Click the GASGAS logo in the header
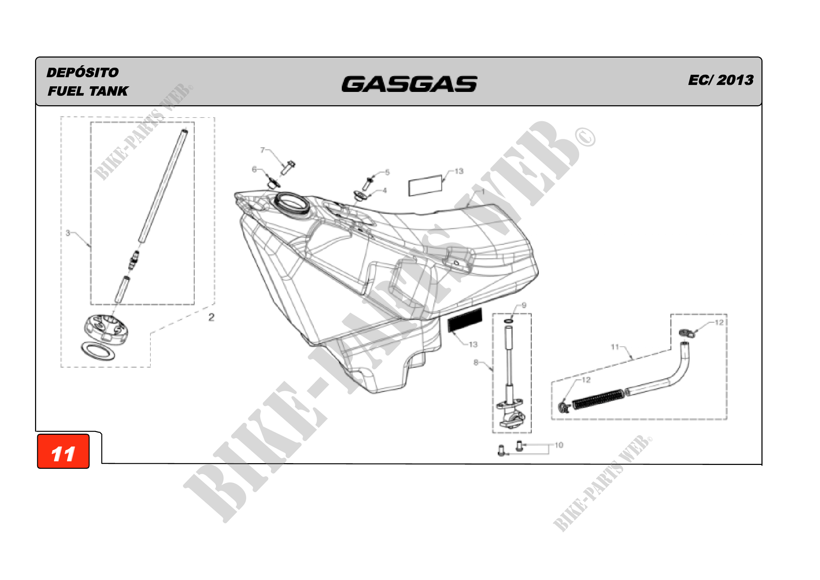coord(409,84)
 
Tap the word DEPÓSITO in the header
coord(82,73)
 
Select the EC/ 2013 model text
coord(721,80)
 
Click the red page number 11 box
coord(63,451)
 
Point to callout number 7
coord(263,150)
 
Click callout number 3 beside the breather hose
coord(68,233)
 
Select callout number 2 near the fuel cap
coord(211,317)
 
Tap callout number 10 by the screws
coord(559,445)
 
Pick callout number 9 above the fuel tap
coord(524,305)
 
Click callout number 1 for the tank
coord(483,192)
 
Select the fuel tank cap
coord(107,330)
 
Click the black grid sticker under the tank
coord(465,320)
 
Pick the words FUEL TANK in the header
coord(88,92)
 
